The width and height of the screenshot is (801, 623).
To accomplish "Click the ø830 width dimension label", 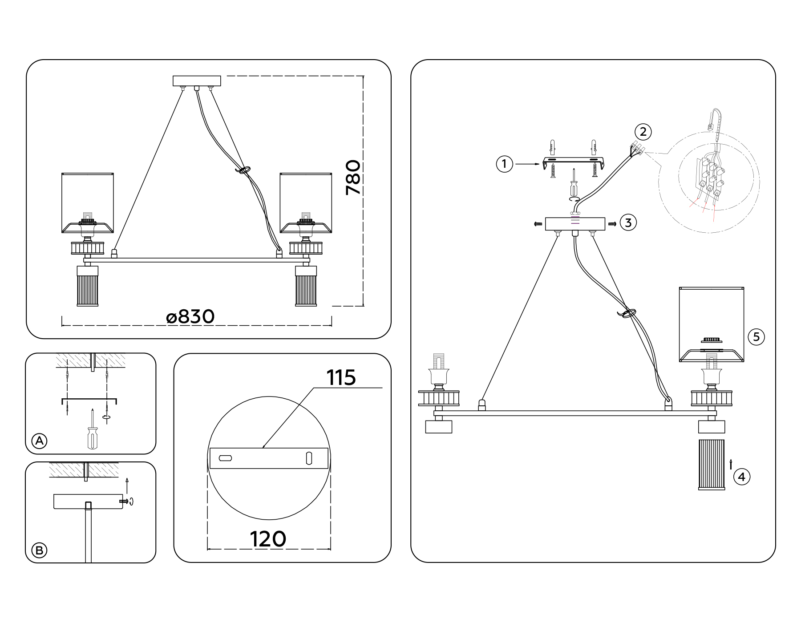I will pos(190,317).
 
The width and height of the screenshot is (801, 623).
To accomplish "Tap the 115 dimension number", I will pos(341,378).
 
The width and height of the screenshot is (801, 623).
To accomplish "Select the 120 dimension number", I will pos(268,539).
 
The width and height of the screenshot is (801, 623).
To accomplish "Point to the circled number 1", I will pos(504,164).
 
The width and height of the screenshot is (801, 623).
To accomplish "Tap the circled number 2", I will pos(643,132).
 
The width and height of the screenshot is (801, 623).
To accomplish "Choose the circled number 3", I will pos(628,222).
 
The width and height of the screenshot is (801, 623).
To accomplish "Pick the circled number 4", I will pos(741,477).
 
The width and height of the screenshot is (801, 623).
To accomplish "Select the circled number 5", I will pos(756,337).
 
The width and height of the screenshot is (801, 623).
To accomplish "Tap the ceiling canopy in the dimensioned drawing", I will pos(197,81).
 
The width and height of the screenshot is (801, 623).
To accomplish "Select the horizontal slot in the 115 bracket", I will pos(226,458).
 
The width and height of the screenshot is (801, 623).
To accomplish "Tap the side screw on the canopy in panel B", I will pos(124,502).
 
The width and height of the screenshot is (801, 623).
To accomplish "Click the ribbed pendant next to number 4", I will pos(711,465).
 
